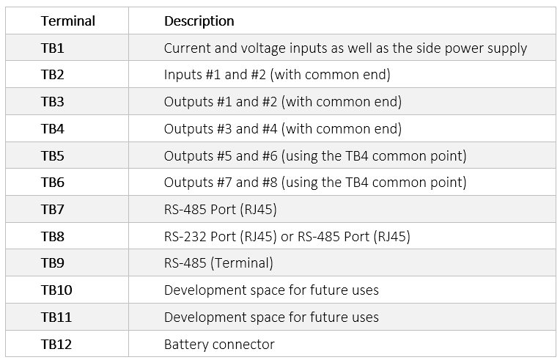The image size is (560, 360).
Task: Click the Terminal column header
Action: [x=68, y=21]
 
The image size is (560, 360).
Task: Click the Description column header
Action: [x=199, y=21]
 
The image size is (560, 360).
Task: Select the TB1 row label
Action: [x=53, y=48]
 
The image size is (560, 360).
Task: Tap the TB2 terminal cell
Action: [x=53, y=75]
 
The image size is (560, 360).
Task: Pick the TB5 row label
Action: [x=53, y=155]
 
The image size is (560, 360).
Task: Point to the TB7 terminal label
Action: [x=53, y=210]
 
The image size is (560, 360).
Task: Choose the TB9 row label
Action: [x=53, y=263]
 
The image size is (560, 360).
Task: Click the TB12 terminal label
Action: [x=56, y=344]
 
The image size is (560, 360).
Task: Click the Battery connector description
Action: [x=219, y=344]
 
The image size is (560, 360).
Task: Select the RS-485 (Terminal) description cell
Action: [x=218, y=263]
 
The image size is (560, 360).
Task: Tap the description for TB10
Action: [x=271, y=290]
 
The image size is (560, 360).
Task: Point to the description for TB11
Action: [x=271, y=317]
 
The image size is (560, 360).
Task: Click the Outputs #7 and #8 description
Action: [x=315, y=183]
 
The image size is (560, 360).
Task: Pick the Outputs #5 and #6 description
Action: [x=315, y=155]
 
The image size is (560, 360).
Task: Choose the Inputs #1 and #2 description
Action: [x=276, y=75]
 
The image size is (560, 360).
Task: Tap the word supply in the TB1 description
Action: [x=508, y=48]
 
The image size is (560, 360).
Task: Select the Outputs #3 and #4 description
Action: [x=283, y=129]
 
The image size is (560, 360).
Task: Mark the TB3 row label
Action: [x=53, y=102]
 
